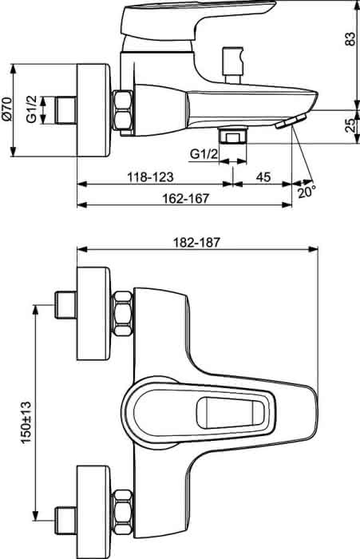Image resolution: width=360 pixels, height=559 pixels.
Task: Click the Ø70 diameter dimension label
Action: coord(7,110)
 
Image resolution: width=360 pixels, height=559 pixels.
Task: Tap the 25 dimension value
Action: coord(350,125)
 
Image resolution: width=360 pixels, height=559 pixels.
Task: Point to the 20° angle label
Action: coord(307,192)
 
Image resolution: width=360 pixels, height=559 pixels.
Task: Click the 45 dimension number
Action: coord(263,176)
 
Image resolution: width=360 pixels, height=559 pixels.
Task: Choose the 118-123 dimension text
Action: coord(150,176)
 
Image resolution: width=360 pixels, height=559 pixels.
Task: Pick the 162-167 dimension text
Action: coord(185,198)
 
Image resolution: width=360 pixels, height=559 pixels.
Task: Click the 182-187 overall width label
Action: coord(196,243)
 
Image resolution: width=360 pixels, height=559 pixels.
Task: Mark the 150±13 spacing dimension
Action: coord(26,422)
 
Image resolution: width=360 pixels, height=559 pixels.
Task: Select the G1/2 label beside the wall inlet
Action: coord(31,109)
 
